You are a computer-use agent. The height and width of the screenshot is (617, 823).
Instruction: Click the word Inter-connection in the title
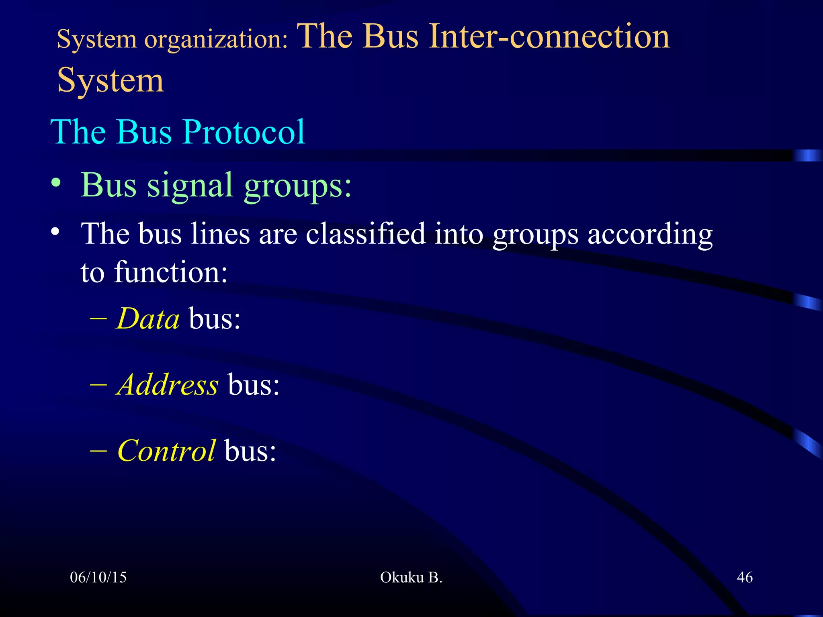549,37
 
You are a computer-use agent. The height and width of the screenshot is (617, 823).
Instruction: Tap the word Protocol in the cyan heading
244,132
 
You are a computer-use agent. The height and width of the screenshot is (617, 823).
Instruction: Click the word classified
365,234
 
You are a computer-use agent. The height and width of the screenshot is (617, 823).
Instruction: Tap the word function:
171,272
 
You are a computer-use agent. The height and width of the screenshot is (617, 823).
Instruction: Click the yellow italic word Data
147,319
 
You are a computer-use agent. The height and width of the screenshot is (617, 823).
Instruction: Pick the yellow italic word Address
168,384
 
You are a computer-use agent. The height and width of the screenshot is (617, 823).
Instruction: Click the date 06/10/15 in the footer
98,577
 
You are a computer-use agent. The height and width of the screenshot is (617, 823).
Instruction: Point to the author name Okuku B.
411,577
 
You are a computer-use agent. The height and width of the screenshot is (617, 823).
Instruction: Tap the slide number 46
745,577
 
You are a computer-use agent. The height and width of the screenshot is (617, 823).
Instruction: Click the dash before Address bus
98,384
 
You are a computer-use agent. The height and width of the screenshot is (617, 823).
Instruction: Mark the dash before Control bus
98,450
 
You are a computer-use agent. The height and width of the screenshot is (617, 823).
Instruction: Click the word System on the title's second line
111,80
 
